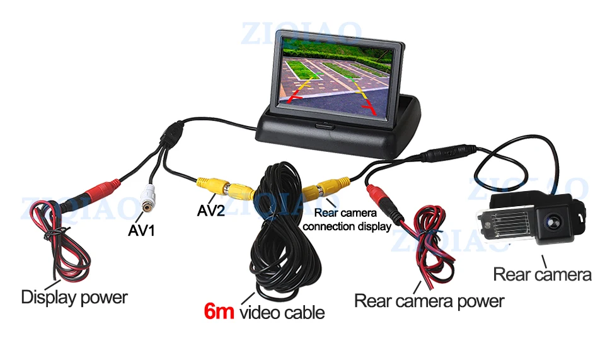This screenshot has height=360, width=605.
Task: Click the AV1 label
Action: (x=141, y=231)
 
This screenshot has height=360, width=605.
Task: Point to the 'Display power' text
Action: (x=74, y=297)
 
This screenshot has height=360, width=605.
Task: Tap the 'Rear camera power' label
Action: (x=429, y=301)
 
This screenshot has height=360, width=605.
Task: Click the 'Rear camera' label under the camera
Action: (x=542, y=274)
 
